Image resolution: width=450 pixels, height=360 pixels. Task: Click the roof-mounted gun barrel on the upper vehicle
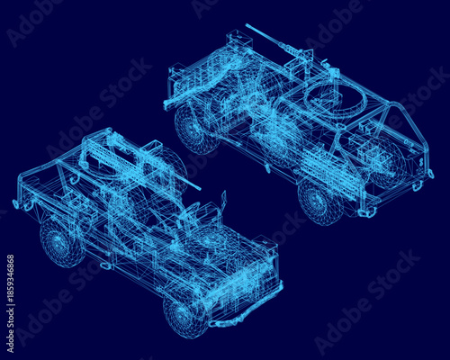(x=270, y=40)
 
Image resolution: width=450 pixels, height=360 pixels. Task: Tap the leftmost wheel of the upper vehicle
(x=195, y=128)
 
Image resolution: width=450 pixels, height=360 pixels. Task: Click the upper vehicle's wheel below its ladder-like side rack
(x=319, y=200)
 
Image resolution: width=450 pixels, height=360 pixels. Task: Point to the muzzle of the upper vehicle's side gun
(x=168, y=105)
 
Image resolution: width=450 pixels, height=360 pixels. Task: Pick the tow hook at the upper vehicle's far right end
(x=417, y=185)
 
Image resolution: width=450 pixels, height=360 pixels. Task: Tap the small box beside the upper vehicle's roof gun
(x=238, y=40)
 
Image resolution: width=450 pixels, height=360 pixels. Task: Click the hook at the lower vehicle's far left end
(x=26, y=205)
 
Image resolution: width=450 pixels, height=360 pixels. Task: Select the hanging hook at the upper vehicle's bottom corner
(x=366, y=212)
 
